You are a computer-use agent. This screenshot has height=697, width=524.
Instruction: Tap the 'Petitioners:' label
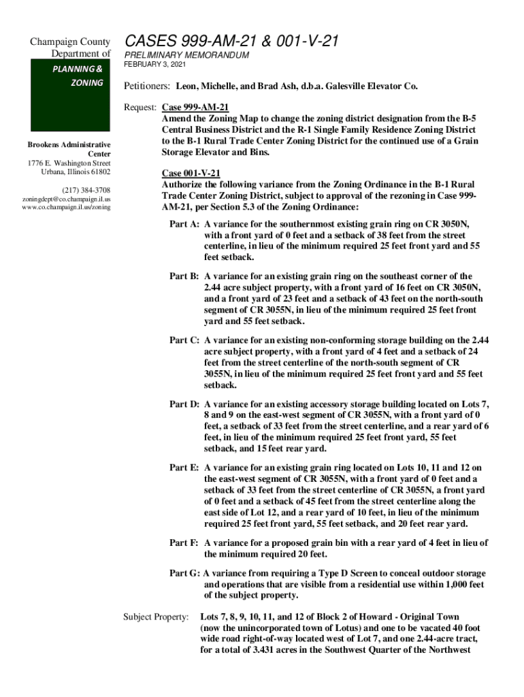tap(146, 87)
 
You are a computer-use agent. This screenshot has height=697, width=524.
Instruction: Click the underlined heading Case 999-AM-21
tap(195, 108)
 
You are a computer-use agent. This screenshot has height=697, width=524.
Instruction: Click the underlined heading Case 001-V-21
tap(191, 174)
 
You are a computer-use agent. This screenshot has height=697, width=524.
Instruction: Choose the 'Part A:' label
tap(184, 224)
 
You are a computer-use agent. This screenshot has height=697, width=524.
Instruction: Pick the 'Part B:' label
tap(184, 276)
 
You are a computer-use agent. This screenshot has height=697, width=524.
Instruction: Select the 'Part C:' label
tap(184, 340)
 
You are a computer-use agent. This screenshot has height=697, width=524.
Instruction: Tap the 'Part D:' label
tap(184, 404)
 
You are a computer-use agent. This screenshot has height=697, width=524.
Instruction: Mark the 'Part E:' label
tap(184, 468)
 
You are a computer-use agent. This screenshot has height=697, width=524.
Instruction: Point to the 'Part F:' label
tap(184, 543)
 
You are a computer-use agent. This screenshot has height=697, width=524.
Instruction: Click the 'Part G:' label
tap(184, 573)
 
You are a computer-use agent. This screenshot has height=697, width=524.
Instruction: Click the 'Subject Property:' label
tap(155, 617)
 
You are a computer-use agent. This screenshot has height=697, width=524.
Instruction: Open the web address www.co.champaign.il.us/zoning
tap(66, 207)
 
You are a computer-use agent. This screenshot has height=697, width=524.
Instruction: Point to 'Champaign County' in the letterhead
tap(70, 43)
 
